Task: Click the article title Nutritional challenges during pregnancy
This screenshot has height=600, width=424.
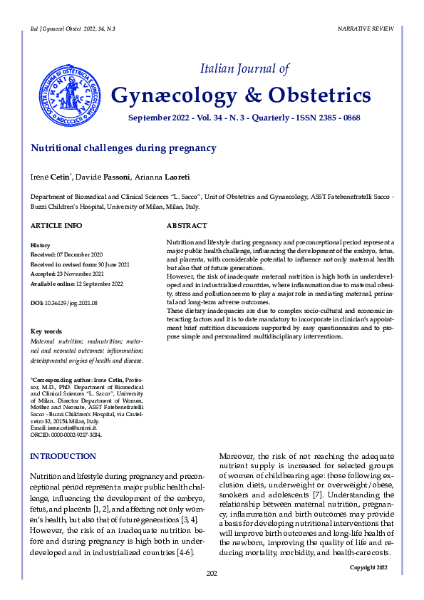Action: click(123, 148)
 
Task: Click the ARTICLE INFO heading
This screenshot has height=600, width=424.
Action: click(56, 226)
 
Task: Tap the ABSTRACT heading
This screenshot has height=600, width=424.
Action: click(187, 226)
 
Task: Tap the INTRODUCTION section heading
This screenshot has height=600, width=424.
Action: click(63, 456)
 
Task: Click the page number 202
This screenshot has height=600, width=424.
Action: click(212, 574)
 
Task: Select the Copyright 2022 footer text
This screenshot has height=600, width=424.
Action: click(368, 567)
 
